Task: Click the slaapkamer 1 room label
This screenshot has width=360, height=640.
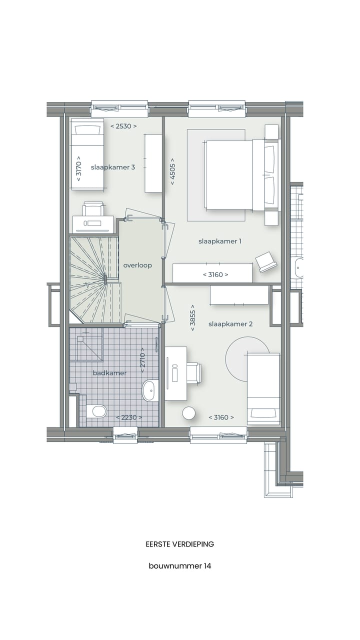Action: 219,241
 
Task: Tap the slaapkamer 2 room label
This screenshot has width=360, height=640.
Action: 230,324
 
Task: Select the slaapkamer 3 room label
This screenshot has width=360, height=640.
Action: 113,167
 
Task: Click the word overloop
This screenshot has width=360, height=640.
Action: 137,265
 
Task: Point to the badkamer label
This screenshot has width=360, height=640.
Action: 109,373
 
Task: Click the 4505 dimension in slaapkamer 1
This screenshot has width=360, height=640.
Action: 172,171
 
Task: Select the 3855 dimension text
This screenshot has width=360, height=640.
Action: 192,318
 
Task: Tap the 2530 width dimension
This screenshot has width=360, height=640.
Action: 123,126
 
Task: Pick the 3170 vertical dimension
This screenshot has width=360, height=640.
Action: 78,170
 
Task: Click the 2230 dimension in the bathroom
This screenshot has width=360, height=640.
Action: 129,417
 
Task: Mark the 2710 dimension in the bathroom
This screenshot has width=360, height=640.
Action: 142,358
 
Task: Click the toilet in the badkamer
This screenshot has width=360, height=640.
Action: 97,411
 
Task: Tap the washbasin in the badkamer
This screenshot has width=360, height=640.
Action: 150,390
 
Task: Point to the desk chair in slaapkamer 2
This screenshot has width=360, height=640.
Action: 194,373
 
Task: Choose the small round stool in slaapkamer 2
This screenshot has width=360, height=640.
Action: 189,413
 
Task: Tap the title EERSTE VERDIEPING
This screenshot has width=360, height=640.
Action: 179,544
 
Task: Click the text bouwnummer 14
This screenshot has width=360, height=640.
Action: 179,566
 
